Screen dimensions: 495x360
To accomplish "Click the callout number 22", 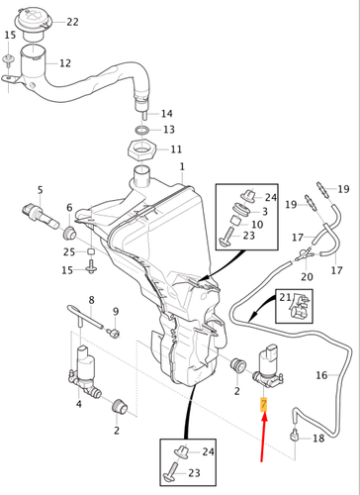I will point(73,22).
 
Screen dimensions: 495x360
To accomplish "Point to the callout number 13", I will point(168,130).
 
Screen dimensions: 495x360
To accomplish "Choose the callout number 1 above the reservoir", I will point(182,167).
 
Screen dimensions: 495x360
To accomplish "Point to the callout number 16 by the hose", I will point(321,376).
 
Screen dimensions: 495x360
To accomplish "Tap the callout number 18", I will point(317,438).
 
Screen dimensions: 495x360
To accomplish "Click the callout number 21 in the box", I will point(285,297).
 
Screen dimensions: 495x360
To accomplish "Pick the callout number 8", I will point(91,300).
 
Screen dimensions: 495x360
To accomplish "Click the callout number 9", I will point(114,312).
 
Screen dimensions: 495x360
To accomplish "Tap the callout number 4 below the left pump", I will point(79,404).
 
